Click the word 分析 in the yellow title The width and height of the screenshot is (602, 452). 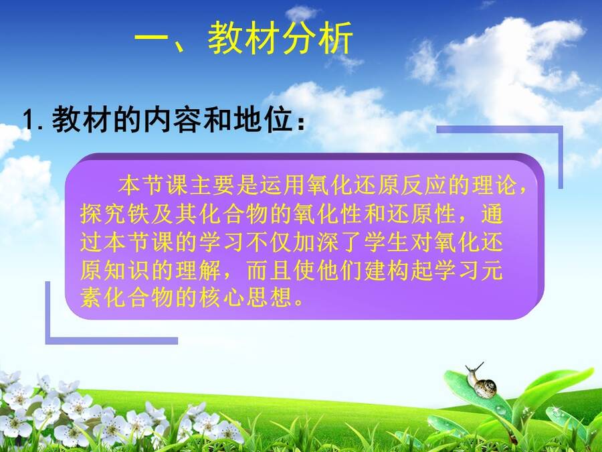[318, 38]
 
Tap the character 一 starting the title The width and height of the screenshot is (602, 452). [151, 39]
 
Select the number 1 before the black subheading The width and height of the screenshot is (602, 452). [28, 120]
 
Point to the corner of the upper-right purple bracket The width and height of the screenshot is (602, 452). [561, 129]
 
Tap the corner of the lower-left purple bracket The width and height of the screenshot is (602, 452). [48, 341]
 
